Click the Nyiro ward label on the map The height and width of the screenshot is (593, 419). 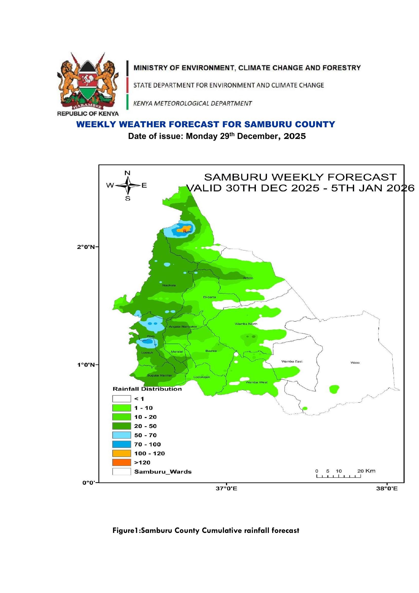point(187,232)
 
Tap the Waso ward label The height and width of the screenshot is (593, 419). point(355,363)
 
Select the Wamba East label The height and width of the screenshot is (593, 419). point(292,361)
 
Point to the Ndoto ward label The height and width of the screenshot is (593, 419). point(248,278)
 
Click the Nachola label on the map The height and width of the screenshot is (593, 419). point(169,285)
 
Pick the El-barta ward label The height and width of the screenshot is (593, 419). point(209,297)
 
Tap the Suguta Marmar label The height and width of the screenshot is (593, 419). point(159,375)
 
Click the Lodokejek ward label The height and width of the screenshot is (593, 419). point(202,377)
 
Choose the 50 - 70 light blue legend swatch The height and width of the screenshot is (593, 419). point(122,435)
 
